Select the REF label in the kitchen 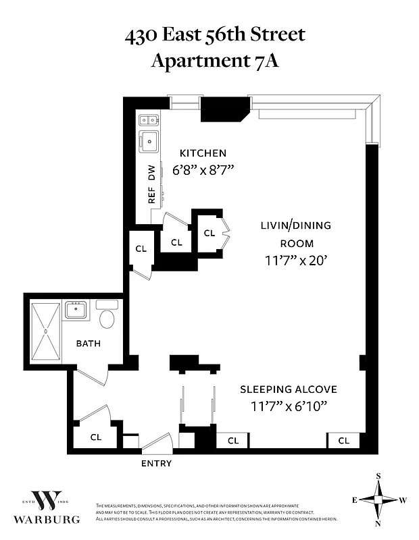point(152,195)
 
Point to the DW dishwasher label point(152,173)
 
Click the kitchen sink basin point(149,142)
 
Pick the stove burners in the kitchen point(149,121)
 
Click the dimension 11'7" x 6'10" point(289,406)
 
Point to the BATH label point(88,344)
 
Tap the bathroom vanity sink point(75,311)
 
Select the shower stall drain point(45,331)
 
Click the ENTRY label point(156,464)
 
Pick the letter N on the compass point(378,524)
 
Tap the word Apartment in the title point(194,61)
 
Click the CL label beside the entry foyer point(96,437)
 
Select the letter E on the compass point(354,500)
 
